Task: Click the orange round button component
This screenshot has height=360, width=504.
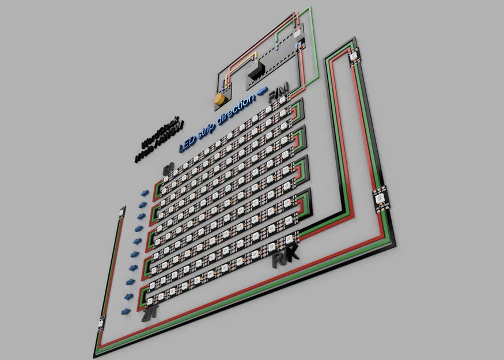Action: [219, 100]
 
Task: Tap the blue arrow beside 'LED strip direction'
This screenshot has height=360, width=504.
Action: [262, 90]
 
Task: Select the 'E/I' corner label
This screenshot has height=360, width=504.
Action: [168, 169]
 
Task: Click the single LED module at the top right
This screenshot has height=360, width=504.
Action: [353, 55]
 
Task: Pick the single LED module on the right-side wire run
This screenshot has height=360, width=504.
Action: [380, 199]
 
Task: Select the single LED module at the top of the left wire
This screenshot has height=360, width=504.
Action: [122, 211]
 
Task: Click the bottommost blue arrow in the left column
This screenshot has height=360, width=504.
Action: [125, 310]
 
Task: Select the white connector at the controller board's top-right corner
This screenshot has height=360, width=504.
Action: [298, 35]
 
